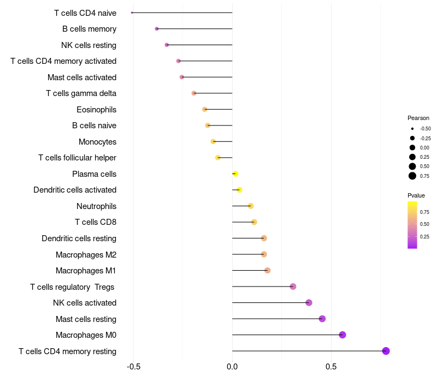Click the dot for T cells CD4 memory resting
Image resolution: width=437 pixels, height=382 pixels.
tap(386, 351)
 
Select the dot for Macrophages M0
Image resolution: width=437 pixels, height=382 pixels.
tap(342, 335)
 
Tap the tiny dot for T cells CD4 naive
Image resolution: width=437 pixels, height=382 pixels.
tap(132, 13)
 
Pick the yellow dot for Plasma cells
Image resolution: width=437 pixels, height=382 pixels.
tap(235, 174)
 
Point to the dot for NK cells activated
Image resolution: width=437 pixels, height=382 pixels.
tap(309, 302)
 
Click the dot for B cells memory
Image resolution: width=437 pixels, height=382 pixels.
tap(157, 29)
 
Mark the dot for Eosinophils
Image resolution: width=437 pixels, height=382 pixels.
tap(204, 109)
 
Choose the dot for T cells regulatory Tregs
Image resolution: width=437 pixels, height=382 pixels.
tap(293, 286)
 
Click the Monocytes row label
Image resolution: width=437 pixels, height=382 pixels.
tap(98, 142)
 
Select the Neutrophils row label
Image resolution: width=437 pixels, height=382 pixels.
tap(97, 206)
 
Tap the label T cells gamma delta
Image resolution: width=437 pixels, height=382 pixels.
tap(81, 93)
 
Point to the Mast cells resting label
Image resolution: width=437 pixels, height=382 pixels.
tap(86, 319)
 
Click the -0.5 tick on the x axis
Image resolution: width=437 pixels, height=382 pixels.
tap(133, 367)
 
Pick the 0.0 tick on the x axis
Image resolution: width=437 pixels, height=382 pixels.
tap(232, 367)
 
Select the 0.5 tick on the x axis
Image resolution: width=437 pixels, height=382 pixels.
tap(331, 367)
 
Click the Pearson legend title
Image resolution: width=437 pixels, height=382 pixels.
tap(418, 118)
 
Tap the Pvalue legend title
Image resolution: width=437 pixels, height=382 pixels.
tap(416, 195)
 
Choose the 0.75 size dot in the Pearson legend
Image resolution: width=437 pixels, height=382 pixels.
tap(412, 176)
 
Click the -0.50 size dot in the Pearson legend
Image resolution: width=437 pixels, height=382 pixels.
tap(412, 129)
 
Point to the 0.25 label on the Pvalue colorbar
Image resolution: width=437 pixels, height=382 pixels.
tap(424, 237)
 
